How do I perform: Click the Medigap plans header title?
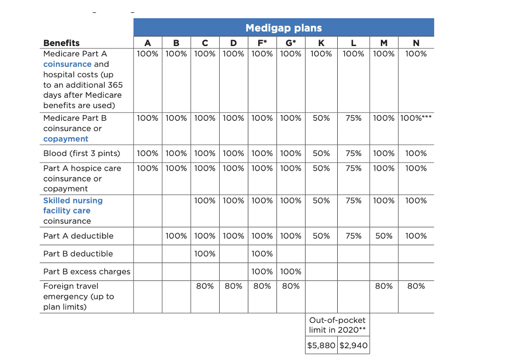[x=283, y=28]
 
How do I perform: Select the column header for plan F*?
[x=262, y=43]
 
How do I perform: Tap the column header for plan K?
[x=321, y=43]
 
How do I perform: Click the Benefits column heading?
[x=61, y=43]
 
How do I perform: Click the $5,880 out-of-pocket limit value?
[x=321, y=345]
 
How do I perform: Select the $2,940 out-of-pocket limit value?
[x=353, y=345]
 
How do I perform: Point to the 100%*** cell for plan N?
[x=416, y=118]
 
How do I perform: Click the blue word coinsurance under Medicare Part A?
[x=67, y=64]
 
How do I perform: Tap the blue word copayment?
[x=66, y=139]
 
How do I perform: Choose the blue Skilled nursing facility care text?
[x=72, y=205]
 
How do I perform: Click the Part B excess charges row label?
[x=87, y=271]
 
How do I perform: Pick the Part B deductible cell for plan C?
[x=205, y=254]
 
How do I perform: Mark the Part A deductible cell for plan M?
[x=384, y=236]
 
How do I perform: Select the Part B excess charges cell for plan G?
[x=291, y=271]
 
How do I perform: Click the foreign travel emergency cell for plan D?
[x=233, y=286]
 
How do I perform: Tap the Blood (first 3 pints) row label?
[x=81, y=153]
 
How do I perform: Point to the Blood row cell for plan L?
[x=353, y=153]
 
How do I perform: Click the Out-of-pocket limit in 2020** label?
[x=337, y=325]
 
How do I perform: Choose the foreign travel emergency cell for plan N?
[x=416, y=286]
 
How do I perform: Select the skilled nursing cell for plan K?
[x=321, y=201]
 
